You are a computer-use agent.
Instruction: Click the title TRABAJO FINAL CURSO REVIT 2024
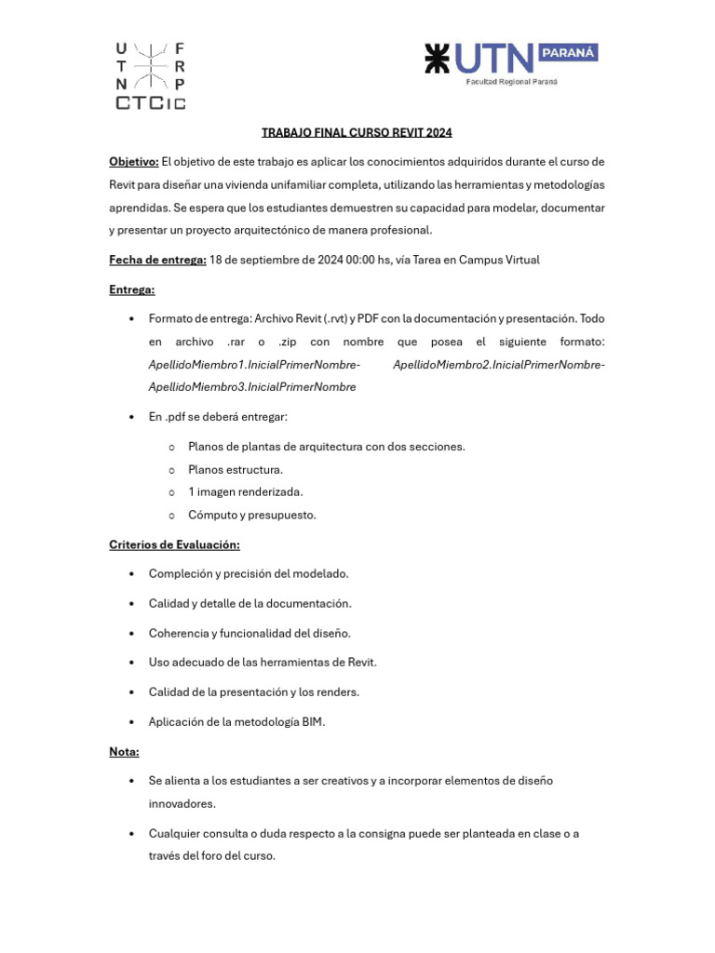(x=357, y=133)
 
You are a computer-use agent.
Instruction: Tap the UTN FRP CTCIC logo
(x=150, y=75)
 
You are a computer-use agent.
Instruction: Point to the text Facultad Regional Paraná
(x=512, y=82)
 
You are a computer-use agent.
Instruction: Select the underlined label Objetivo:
(x=134, y=162)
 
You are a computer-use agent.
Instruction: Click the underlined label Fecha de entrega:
(x=157, y=260)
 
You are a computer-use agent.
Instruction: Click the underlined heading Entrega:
(x=132, y=289)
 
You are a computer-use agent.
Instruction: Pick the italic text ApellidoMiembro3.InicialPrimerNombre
(x=252, y=387)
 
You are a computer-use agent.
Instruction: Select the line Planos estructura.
(x=235, y=470)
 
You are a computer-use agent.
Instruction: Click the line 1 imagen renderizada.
(x=245, y=492)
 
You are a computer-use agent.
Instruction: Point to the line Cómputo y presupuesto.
(x=251, y=515)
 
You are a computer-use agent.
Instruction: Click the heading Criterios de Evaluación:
(x=174, y=544)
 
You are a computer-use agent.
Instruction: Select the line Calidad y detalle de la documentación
(x=250, y=604)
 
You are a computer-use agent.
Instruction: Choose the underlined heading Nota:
(x=124, y=751)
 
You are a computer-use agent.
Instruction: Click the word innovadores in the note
(x=182, y=803)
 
